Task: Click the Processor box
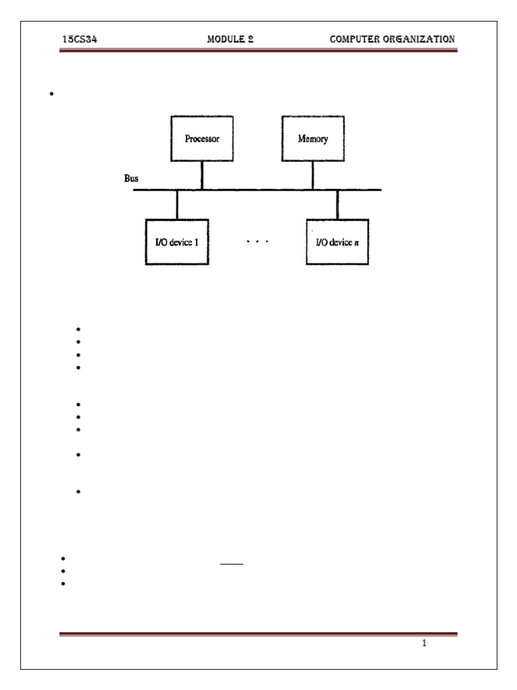tap(202, 141)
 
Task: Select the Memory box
tap(312, 141)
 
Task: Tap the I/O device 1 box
tap(177, 242)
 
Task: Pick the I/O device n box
tap(337, 242)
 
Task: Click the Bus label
tap(123, 180)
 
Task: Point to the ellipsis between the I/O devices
tap(257, 241)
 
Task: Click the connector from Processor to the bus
tap(202, 177)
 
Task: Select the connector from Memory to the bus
tap(312, 177)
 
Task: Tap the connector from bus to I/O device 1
tap(177, 204)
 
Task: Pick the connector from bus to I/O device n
tap(337, 204)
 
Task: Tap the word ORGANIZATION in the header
tap(420, 39)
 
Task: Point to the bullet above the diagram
tap(51, 94)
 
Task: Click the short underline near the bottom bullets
tap(232, 565)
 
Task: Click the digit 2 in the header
tap(250, 39)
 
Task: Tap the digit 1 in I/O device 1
tap(196, 242)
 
